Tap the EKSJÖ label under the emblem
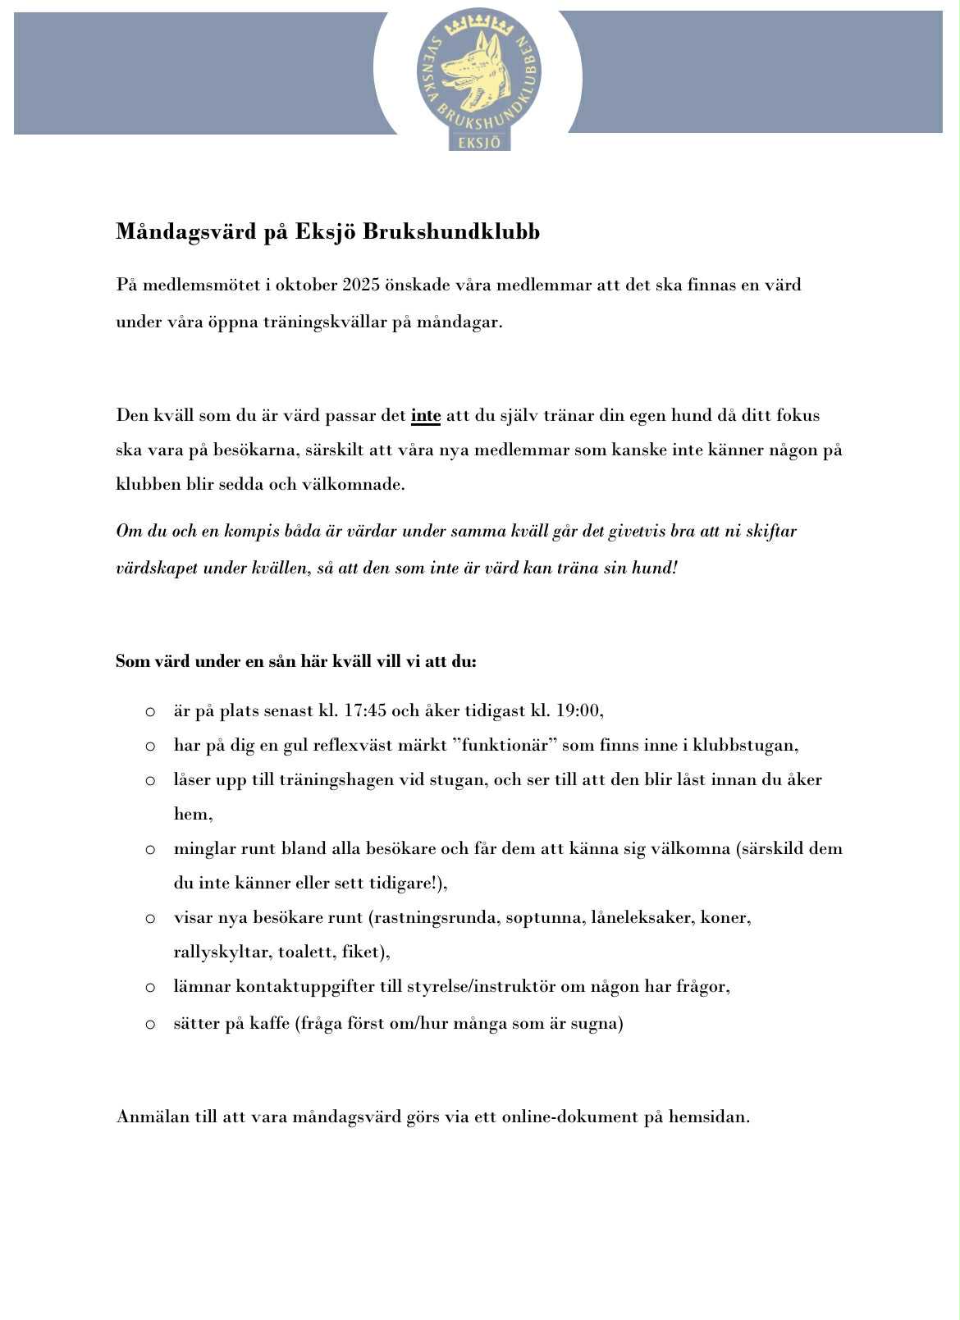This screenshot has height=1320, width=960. [479, 142]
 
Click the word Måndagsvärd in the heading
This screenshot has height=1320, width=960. [186, 232]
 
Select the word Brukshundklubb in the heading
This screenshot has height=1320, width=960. [450, 232]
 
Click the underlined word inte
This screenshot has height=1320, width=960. [426, 416]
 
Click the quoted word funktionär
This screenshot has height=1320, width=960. [504, 745]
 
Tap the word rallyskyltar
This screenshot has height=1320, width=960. [221, 952]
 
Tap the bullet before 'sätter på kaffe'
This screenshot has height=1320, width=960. [150, 1024]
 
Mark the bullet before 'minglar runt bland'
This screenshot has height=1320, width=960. [150, 849]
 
